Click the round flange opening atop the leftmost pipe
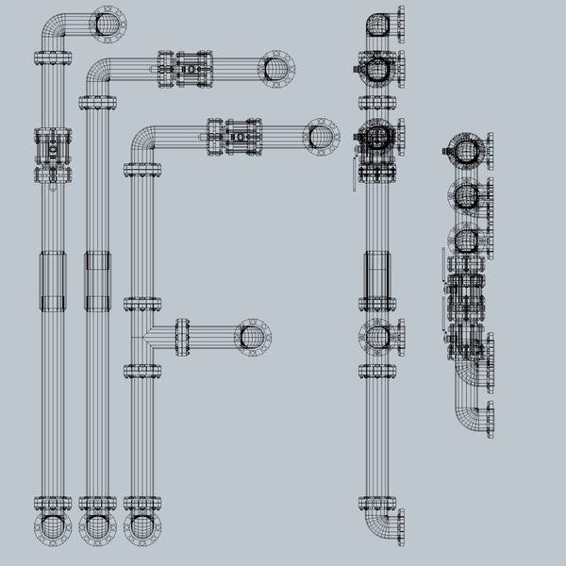(108, 24)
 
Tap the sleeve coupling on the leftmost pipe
(53, 280)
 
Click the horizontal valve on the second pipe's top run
(186, 69)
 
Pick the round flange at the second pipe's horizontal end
(277, 69)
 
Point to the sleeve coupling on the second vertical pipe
(97, 280)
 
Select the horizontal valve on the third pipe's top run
(234, 136)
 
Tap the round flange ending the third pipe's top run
(321, 136)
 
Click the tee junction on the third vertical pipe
(142, 334)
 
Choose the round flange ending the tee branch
(253, 337)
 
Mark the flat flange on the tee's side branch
(181, 337)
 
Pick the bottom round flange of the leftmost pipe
(53, 529)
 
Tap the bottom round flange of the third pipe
(141, 529)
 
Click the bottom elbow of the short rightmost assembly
(466, 406)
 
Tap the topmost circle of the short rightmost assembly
(465, 151)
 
